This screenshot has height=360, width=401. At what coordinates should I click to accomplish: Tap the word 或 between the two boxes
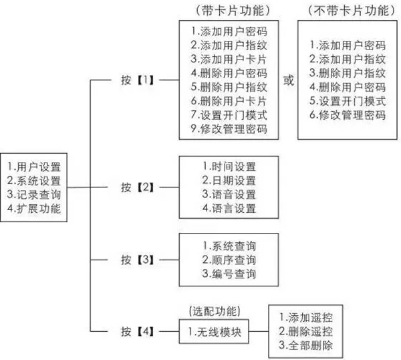click(x=289, y=80)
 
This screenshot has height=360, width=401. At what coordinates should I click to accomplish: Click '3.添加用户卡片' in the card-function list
click(x=229, y=60)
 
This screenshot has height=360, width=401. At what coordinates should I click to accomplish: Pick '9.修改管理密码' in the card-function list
click(x=229, y=130)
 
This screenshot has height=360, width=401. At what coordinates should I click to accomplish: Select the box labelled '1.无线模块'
click(x=215, y=330)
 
